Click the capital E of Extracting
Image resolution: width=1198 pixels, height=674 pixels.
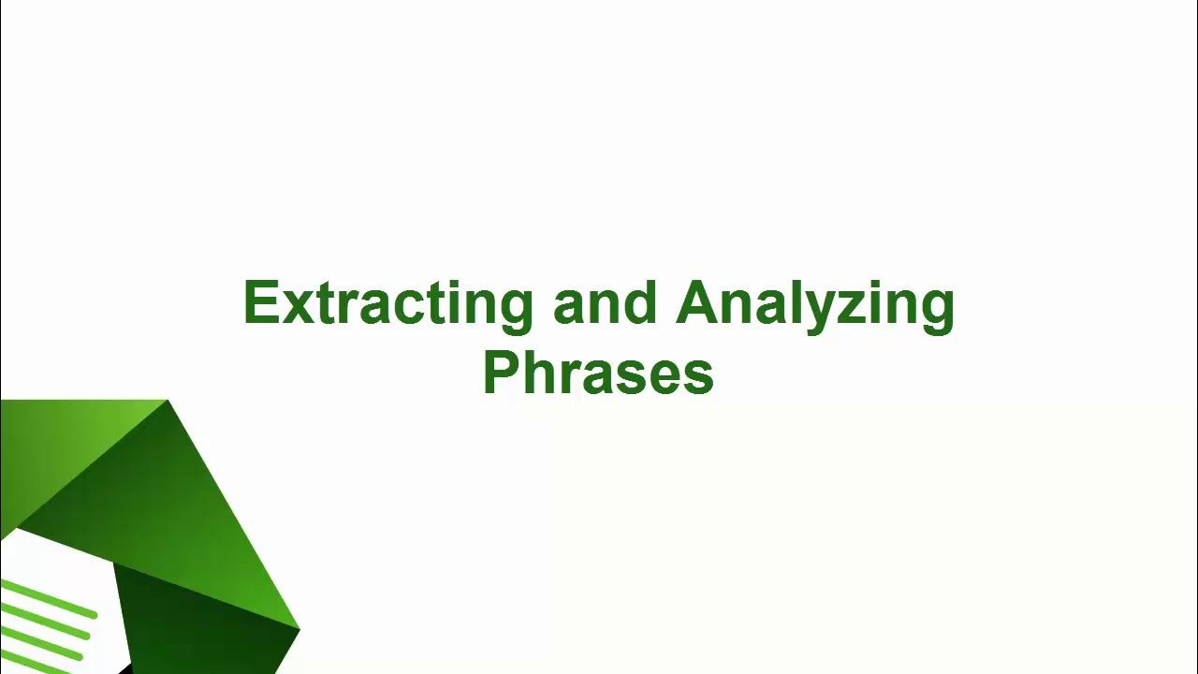[x=259, y=303]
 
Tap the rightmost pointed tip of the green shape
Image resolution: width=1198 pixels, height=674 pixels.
[x=298, y=628]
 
